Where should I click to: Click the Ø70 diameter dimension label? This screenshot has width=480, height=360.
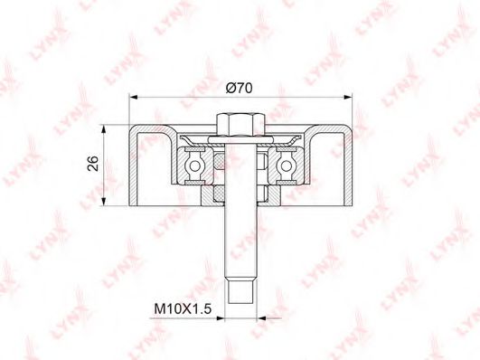click(239, 88)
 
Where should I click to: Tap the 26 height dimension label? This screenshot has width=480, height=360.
click(93, 164)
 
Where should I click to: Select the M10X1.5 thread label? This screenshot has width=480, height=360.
click(183, 308)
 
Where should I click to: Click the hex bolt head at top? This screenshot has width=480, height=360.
click(240, 125)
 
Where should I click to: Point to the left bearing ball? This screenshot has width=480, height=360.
click(194, 166)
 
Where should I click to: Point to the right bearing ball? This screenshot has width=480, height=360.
click(287, 166)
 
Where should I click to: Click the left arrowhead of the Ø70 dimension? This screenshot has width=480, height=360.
click(134, 97)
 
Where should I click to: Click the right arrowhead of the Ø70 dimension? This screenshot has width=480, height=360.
click(348, 97)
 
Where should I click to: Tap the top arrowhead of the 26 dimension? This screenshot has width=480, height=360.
click(104, 129)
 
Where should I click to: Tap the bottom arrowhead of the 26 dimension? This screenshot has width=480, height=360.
click(104, 202)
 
